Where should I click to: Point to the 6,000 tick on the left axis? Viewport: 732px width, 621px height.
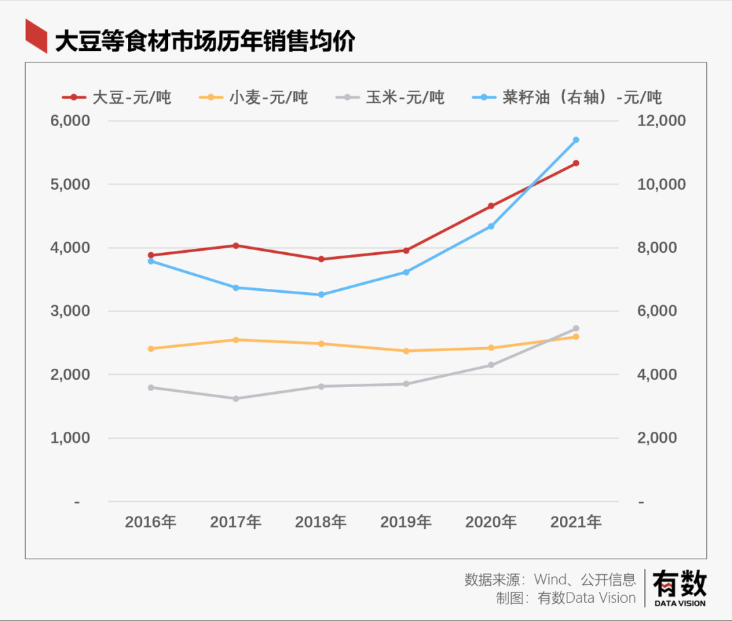(71, 121)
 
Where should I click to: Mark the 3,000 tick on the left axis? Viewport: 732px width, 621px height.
(71, 311)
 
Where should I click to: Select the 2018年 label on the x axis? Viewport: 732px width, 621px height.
(321, 522)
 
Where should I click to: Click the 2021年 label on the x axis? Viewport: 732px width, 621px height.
(576, 522)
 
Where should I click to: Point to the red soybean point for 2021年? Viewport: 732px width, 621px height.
(576, 163)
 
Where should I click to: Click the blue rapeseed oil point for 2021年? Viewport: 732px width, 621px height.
(576, 140)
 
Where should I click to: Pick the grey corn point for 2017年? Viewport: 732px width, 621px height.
(236, 399)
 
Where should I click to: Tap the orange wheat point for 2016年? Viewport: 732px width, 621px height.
(150, 348)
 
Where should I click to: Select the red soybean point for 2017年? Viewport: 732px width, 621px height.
(236, 245)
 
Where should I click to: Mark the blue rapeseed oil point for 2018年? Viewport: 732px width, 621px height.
(321, 295)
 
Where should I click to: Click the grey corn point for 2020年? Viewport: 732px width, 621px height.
(491, 365)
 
